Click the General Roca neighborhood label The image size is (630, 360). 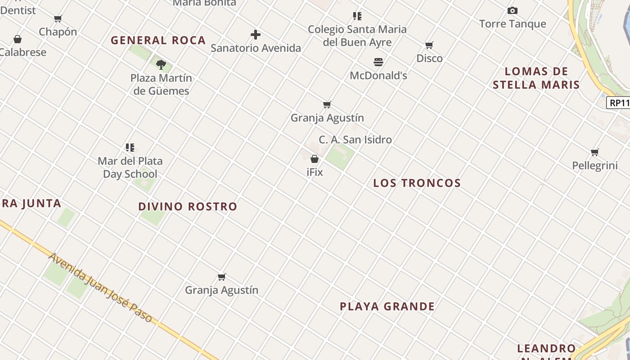tap(158, 40)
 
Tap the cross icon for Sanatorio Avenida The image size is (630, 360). tap(256, 35)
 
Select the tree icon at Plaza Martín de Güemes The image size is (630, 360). tap(161, 65)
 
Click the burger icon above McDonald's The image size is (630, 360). tap(378, 62)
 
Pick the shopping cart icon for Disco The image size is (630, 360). tap(429, 45)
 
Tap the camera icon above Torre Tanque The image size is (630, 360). tap(512, 11)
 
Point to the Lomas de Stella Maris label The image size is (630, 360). tap(536, 78)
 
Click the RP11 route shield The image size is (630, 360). tap(619, 103)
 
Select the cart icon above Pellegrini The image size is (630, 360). tap(595, 153)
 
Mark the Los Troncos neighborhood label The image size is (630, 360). tap(417, 183)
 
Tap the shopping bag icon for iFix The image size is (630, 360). tap(315, 159)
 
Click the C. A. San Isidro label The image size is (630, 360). tap(355, 140)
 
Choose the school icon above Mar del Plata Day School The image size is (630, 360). tap(130, 148)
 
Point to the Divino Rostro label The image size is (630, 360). tap(188, 207)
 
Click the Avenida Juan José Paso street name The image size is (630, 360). tap(100, 288)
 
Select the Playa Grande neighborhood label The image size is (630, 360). tap(387, 307)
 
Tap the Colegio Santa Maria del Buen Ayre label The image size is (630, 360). tap(357, 36)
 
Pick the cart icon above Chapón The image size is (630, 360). tap(58, 19)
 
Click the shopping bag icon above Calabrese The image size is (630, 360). tap(18, 40)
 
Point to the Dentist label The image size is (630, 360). tap(18, 10)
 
